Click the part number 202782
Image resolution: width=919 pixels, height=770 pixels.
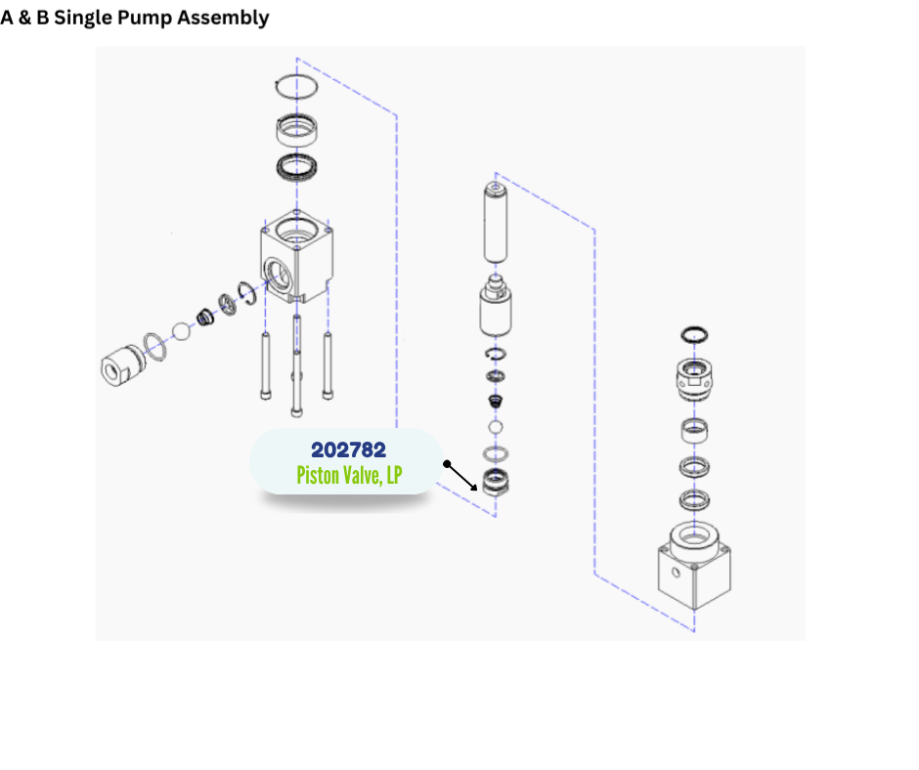pos(348,450)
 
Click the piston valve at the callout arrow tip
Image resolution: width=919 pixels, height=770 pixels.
pos(495,482)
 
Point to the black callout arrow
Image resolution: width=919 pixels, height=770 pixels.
pos(460,477)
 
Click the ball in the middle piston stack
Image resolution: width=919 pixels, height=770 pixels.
pos(496,427)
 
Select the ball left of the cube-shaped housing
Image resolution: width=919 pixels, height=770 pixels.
pos(181,330)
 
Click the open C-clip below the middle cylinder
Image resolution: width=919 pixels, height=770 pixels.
pos(496,354)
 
